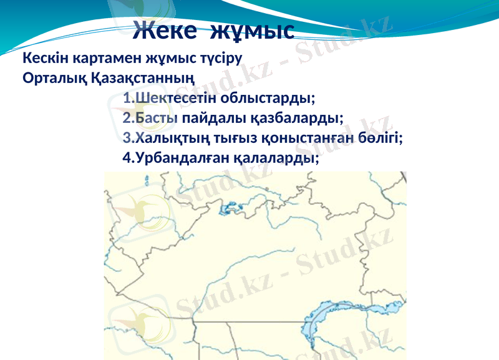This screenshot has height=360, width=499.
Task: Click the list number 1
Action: [x=127, y=99]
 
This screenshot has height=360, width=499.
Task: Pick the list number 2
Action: [x=127, y=118]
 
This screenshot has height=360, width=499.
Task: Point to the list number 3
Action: [x=127, y=137]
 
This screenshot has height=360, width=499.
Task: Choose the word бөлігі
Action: [x=379, y=137]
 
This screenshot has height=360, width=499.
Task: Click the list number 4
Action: [x=127, y=157]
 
